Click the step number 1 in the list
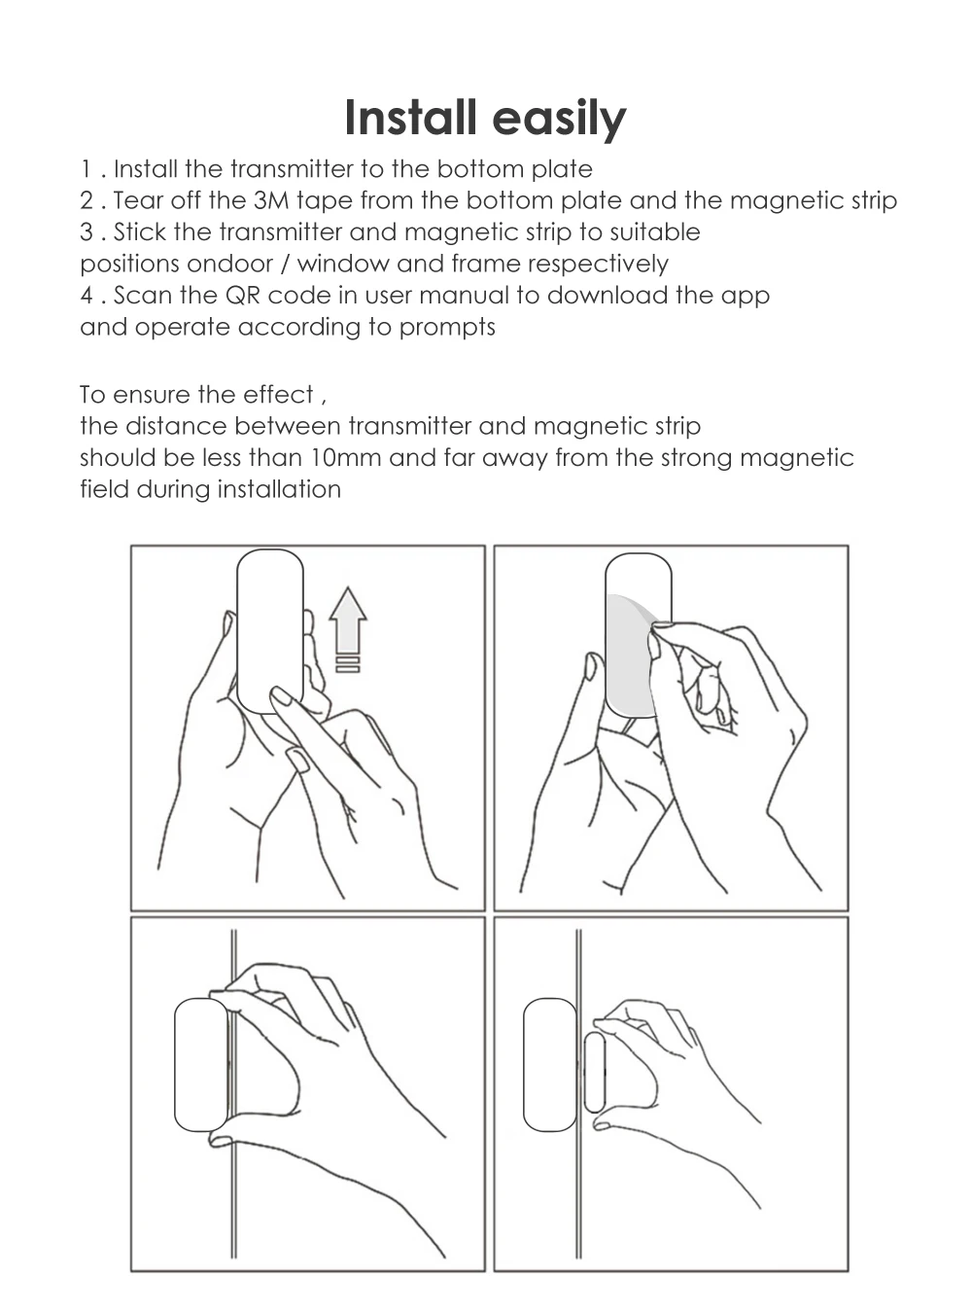coord(86,170)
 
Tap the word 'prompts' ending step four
coord(447,328)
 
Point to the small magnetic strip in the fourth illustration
coord(594,1072)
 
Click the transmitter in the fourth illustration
coord(550,1065)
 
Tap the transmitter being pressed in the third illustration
coord(201,1065)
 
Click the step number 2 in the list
coord(87,201)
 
